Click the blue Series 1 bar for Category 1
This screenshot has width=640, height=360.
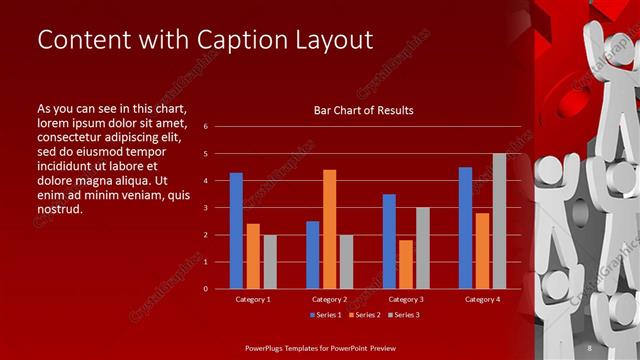tap(236, 231)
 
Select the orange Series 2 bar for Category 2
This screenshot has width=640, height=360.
tap(329, 229)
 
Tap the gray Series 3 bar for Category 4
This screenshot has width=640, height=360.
tap(498, 221)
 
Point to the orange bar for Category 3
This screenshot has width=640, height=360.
tap(405, 264)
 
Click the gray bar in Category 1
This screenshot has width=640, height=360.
tap(269, 262)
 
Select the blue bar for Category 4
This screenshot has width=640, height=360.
tap(465, 228)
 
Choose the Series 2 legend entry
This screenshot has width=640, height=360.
tap(362, 315)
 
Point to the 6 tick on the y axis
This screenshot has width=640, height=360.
tap(205, 127)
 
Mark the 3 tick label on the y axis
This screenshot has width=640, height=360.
tap(205, 208)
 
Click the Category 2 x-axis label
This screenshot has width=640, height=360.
tap(329, 298)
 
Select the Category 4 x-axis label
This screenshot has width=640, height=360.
tap(482, 298)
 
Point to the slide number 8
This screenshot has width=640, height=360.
tap(590, 347)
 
